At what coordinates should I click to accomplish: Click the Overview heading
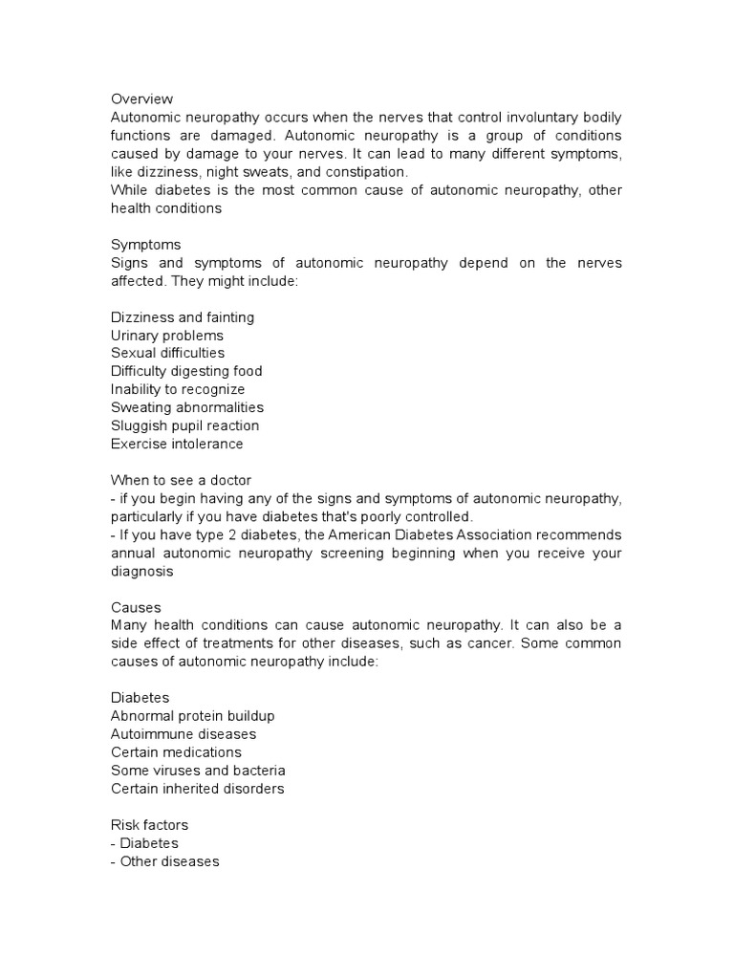[141, 98]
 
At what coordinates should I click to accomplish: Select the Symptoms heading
[145, 245]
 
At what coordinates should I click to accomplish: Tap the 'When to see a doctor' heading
[181, 480]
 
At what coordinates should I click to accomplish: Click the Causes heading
[136, 607]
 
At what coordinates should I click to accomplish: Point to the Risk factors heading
[150, 825]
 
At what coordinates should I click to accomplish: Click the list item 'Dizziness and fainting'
[183, 317]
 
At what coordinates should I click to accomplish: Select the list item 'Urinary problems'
[167, 336]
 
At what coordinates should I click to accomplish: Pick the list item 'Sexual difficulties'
[168, 353]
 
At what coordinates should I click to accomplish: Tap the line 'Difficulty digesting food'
[186, 371]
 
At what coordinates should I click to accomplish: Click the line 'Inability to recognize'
[178, 389]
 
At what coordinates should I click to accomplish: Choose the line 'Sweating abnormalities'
[186, 407]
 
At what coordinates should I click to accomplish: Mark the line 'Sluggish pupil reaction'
[184, 425]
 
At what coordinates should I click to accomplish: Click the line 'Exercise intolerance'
[177, 444]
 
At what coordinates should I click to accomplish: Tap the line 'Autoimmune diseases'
[183, 734]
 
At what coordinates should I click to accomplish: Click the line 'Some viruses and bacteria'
[198, 771]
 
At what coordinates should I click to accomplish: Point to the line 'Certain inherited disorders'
[197, 789]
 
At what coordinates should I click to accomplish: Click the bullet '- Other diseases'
[164, 861]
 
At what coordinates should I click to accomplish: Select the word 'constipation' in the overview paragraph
[364, 172]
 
